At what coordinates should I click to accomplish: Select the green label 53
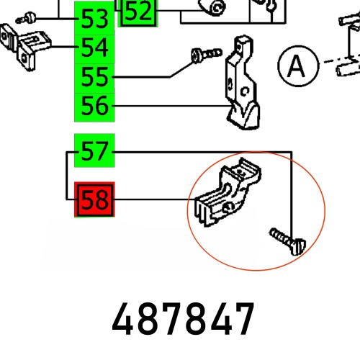pyautogui.click(x=94, y=19)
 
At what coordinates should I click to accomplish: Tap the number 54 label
pyautogui.click(x=94, y=48)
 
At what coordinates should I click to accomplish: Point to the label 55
pyautogui.click(x=94, y=77)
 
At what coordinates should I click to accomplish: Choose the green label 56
pyautogui.click(x=94, y=107)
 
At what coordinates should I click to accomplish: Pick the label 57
pyautogui.click(x=94, y=152)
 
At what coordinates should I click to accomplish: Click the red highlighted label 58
pyautogui.click(x=94, y=201)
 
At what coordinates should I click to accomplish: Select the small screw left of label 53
pyautogui.click(x=30, y=16)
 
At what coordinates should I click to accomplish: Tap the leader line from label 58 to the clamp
pyautogui.click(x=155, y=201)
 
